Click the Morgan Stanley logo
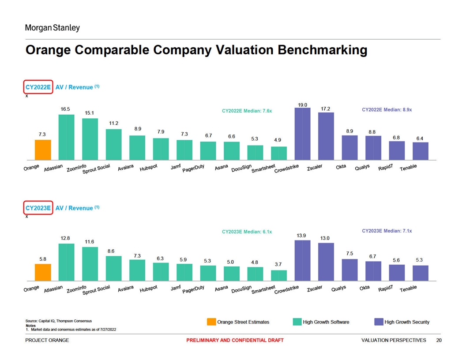(x=52, y=28)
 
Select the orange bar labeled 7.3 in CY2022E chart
(x=43, y=150)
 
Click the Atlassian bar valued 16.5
(x=66, y=137)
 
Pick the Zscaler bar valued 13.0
(x=326, y=262)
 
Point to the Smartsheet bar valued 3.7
(x=278, y=275)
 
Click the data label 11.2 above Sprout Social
(x=113, y=123)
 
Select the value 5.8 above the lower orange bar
(x=43, y=259)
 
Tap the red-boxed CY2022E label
(x=38, y=87)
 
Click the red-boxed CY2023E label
(x=38, y=208)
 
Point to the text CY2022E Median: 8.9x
(x=387, y=109)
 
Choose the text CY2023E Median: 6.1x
(x=247, y=232)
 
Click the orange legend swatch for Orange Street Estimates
(x=211, y=322)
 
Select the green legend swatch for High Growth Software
(x=297, y=322)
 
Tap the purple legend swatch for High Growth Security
(x=379, y=322)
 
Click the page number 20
(x=438, y=340)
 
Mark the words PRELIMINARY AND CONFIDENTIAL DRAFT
(x=235, y=340)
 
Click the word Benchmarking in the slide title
(x=322, y=50)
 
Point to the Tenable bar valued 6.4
(x=420, y=151)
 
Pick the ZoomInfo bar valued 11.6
(x=90, y=264)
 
